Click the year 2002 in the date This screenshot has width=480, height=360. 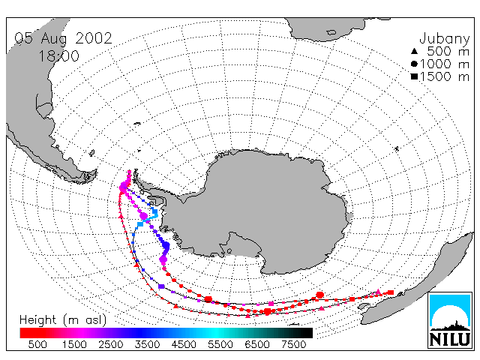(x=94, y=38)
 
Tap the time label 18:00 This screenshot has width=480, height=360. (x=59, y=56)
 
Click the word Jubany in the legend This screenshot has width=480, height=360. (x=445, y=39)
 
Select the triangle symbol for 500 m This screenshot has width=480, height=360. (x=414, y=51)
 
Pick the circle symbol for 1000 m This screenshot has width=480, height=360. (x=414, y=64)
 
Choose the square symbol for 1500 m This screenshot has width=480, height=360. (x=414, y=76)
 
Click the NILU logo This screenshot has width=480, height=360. (x=450, y=320)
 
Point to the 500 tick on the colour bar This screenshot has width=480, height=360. (x=37, y=345)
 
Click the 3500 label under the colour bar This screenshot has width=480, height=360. (x=147, y=345)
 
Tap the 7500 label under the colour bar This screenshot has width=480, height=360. (x=293, y=345)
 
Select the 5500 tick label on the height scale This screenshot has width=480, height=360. (x=220, y=345)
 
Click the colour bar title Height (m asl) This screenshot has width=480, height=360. (x=63, y=320)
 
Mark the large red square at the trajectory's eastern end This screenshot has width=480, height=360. (x=391, y=292)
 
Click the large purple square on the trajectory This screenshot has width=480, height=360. (x=161, y=286)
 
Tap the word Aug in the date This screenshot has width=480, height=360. (x=54, y=39)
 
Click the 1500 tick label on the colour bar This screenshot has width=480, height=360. (x=74, y=345)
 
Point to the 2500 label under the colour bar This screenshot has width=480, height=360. (x=111, y=345)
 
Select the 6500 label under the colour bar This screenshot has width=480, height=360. (x=257, y=345)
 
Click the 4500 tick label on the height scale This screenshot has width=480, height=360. (x=184, y=345)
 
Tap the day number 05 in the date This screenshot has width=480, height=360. (x=24, y=38)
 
